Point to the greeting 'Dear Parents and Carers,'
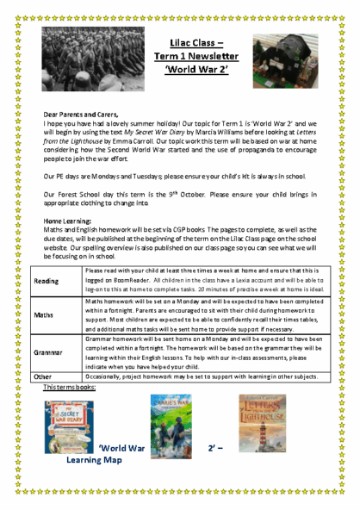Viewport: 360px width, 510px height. (x=81, y=115)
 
